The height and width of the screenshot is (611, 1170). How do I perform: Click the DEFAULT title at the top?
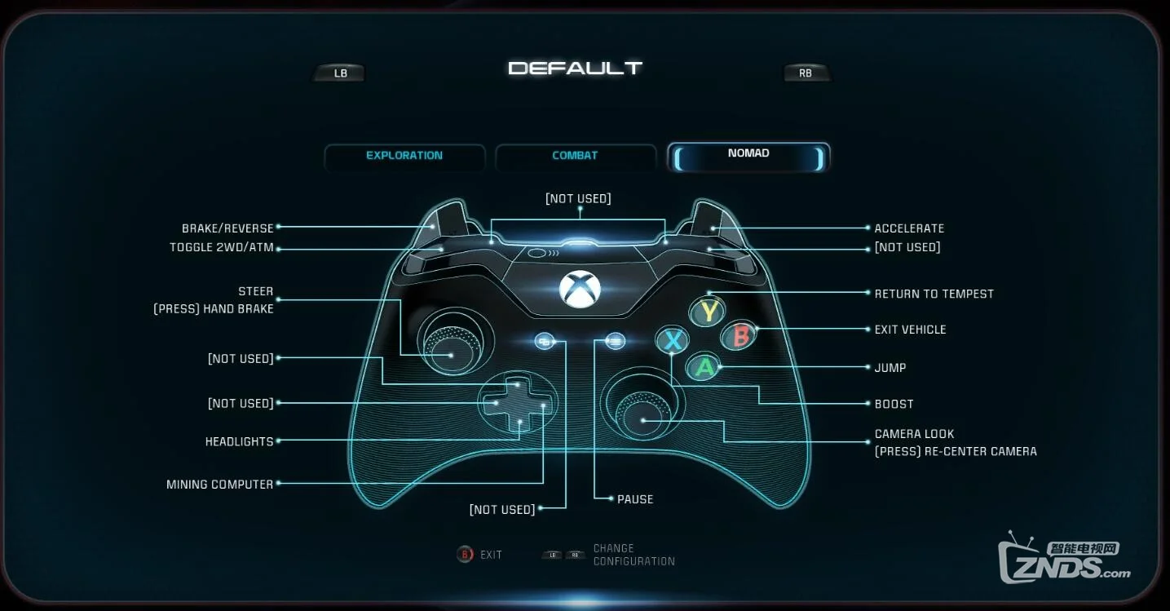coord(576,69)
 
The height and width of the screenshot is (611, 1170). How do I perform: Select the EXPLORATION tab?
coord(404,156)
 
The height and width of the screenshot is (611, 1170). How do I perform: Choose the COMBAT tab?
coord(575,156)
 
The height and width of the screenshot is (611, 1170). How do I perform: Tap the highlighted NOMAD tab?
coord(748,154)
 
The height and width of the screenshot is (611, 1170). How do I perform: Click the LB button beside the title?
coord(340,73)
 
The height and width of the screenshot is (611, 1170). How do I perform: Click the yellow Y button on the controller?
coord(709,311)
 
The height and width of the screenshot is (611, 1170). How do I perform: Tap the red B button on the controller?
coord(740,335)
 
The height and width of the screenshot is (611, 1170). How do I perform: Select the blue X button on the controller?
coord(673,340)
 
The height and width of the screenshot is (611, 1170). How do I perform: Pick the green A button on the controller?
coord(704,367)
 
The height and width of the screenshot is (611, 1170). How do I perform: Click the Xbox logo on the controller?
coord(581,290)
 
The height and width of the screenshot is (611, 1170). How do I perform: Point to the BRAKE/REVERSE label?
coord(227,228)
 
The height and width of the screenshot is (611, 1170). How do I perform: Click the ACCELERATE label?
coord(909,228)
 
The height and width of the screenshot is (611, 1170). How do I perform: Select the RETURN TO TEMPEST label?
coord(934,294)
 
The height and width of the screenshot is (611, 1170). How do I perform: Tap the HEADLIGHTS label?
coord(239,441)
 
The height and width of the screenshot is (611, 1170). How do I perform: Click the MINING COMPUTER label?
coord(220,485)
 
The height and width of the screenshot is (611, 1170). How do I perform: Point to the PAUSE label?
coord(635,499)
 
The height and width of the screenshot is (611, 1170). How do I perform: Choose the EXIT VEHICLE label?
coord(910,330)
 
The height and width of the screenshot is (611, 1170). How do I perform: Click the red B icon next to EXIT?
coord(465,555)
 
